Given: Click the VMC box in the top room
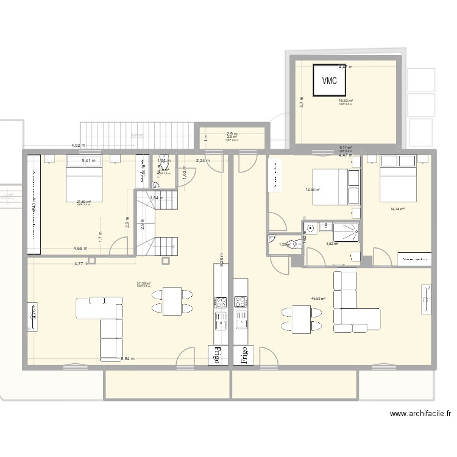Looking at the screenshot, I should (x=330, y=80).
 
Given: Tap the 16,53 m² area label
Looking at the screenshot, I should (x=346, y=101).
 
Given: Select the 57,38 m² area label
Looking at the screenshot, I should (x=144, y=283).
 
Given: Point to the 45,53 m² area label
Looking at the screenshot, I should (x=318, y=299).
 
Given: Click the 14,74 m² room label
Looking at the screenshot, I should (x=397, y=209).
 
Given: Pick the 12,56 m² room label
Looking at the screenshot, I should (x=313, y=189).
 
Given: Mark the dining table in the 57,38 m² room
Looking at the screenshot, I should (x=172, y=301).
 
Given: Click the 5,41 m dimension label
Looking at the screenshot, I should (x=88, y=161).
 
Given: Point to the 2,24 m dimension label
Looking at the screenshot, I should (x=202, y=161).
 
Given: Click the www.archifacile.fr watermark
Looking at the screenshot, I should (x=420, y=414).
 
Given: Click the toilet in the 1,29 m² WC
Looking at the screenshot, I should (x=294, y=244).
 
